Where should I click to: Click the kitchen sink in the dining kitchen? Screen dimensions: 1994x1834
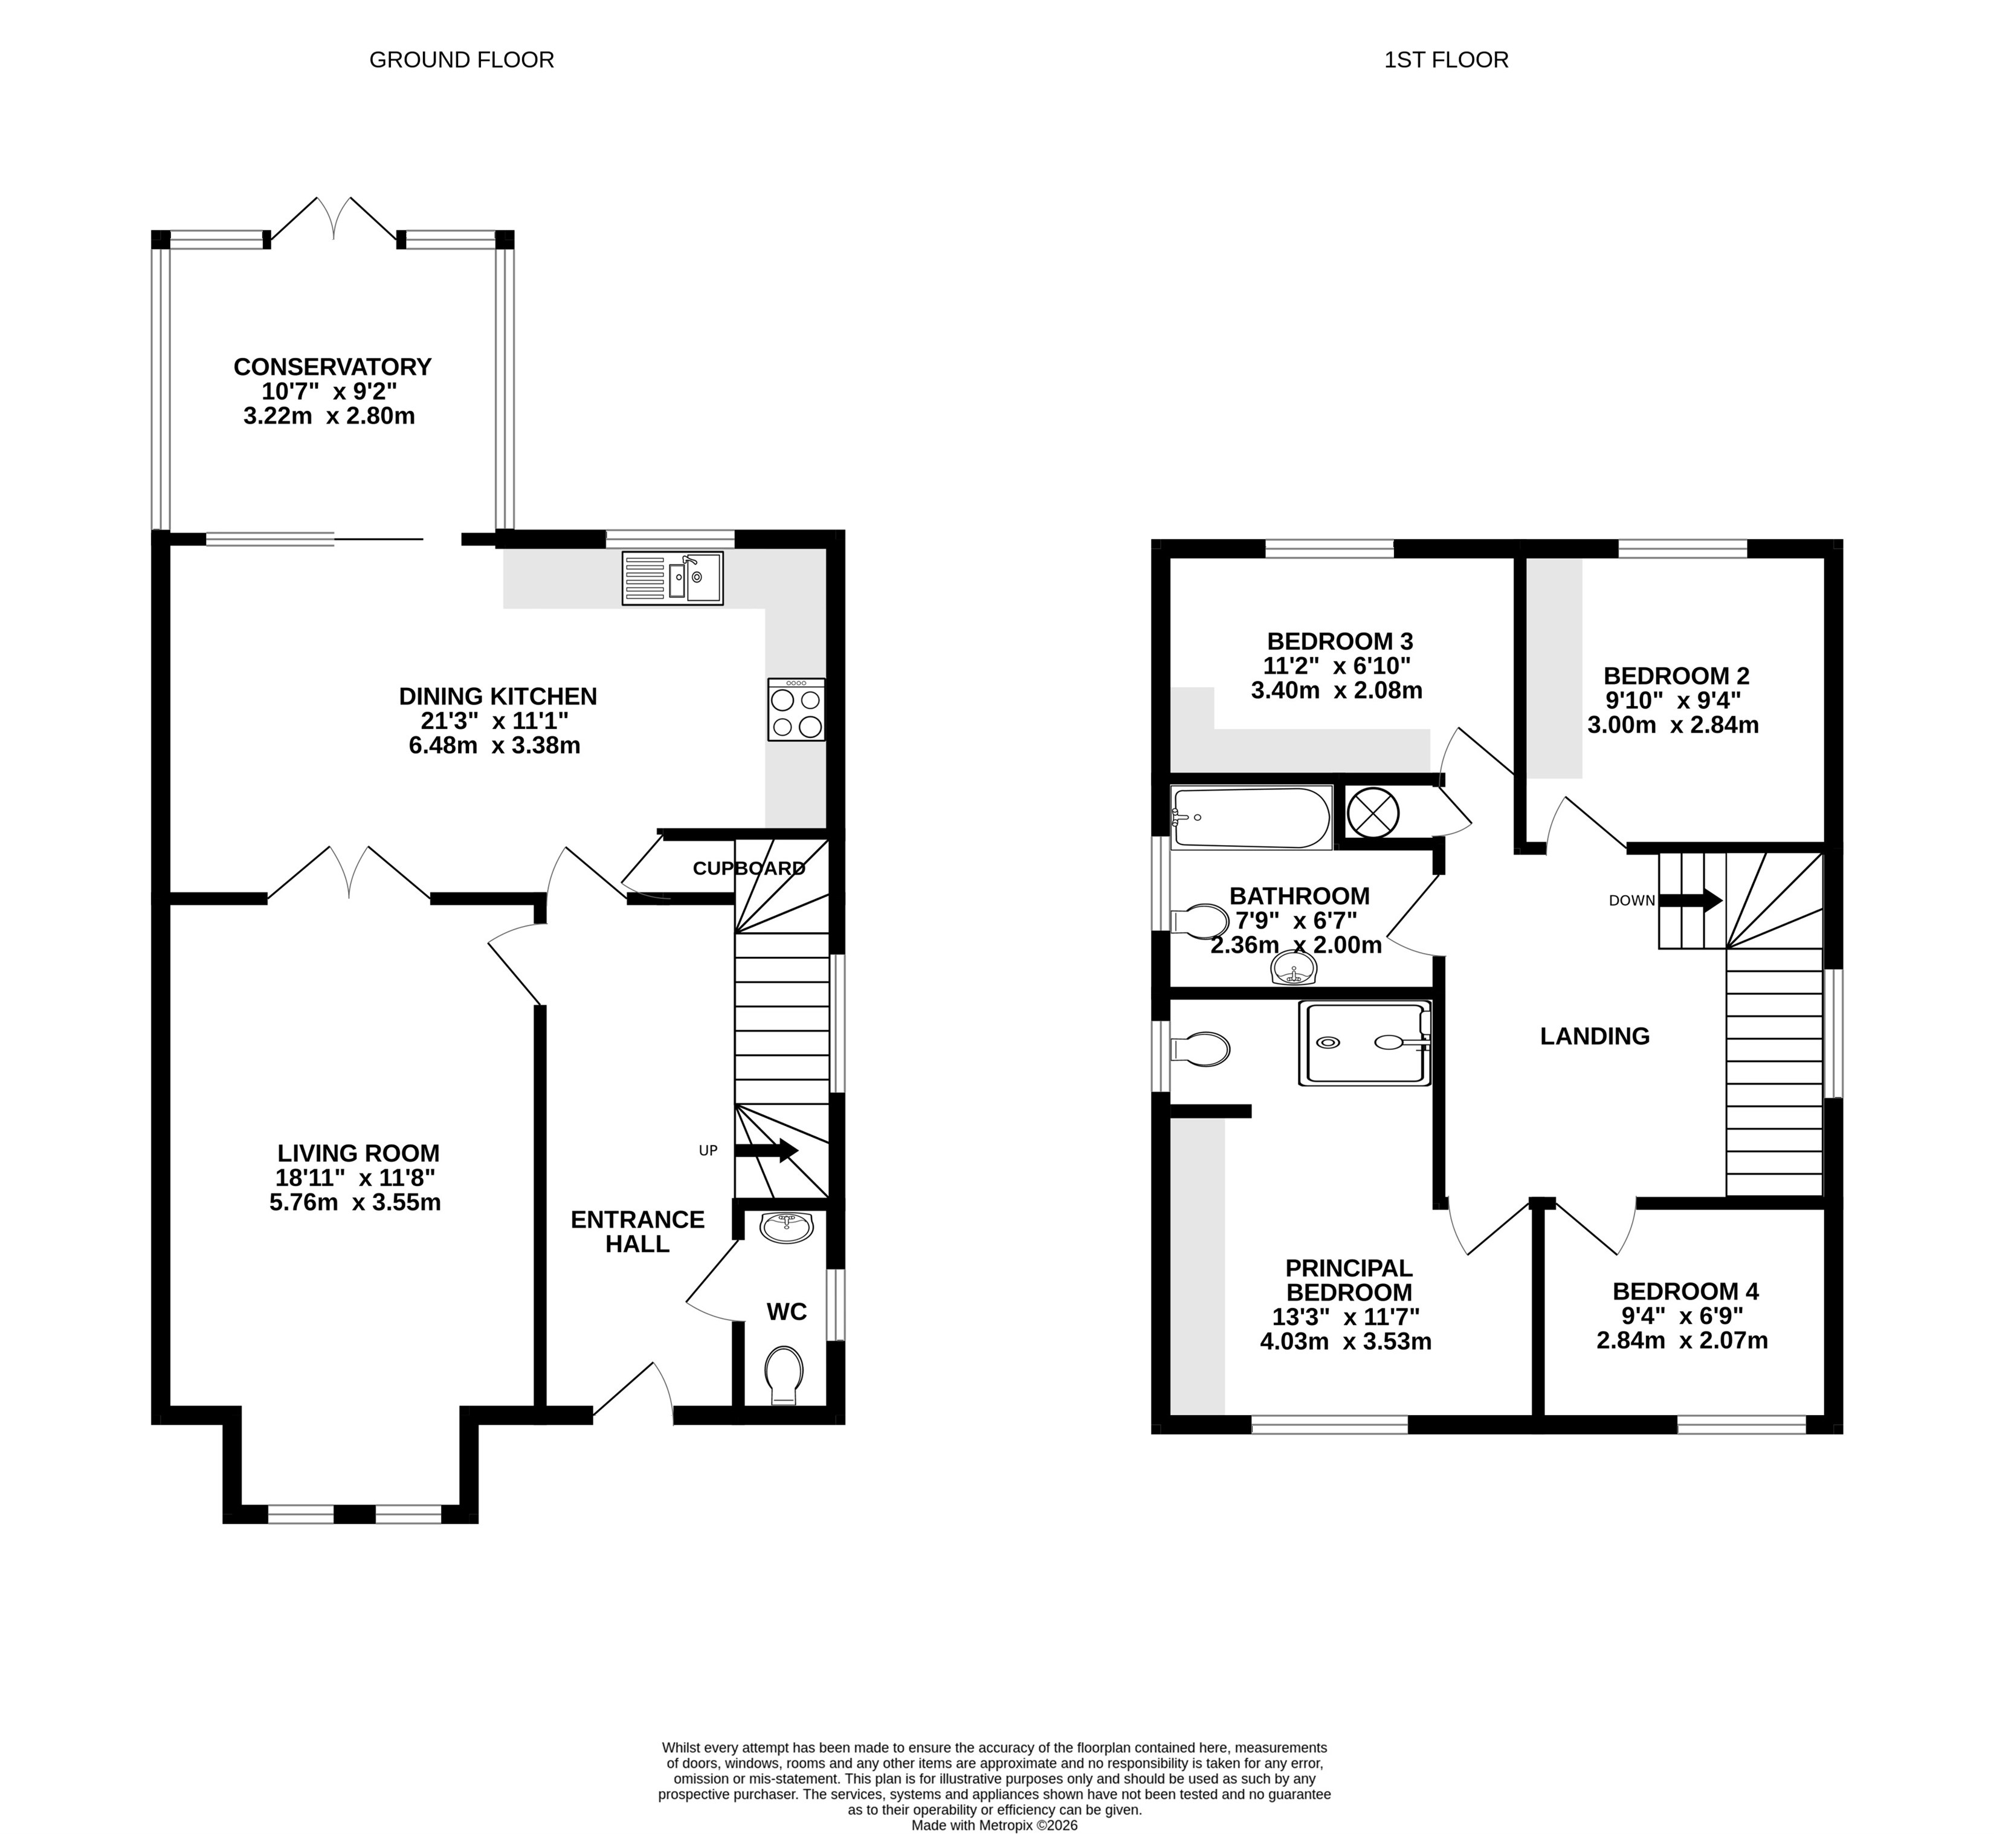[x=673, y=578]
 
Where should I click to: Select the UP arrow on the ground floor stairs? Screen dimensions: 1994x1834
[x=766, y=1150]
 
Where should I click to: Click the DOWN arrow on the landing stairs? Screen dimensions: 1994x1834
[x=1691, y=900]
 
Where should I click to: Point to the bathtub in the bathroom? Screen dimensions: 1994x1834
[x=1251, y=818]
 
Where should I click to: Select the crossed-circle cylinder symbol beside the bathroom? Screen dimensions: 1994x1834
[x=1372, y=813]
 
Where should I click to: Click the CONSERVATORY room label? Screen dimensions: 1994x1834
[x=332, y=367]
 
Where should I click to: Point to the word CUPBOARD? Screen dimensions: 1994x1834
[x=749, y=869]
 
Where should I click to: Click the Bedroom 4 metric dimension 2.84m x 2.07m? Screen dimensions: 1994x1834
[x=1682, y=1341]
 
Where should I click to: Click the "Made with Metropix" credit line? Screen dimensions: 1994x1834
[x=994, y=1824]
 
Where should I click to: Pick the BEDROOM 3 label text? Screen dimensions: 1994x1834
[x=1339, y=641]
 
